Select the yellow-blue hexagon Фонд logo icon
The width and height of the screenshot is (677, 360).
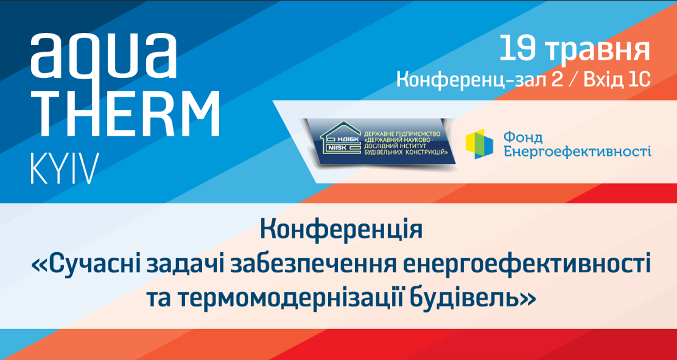pos(479,144)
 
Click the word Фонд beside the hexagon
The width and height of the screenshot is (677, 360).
pos(522,138)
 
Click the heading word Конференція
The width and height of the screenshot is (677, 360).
pos(341,232)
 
